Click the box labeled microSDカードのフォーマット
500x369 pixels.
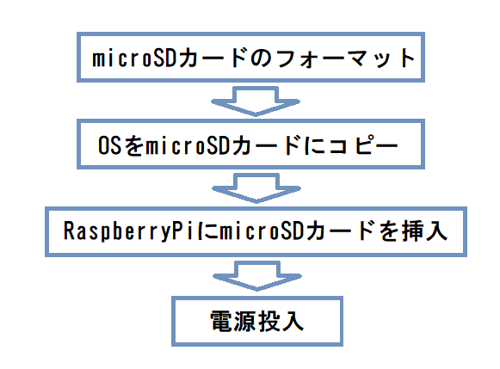pyautogui.click(x=254, y=59)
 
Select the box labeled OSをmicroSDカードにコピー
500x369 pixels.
pyautogui.click(x=254, y=145)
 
